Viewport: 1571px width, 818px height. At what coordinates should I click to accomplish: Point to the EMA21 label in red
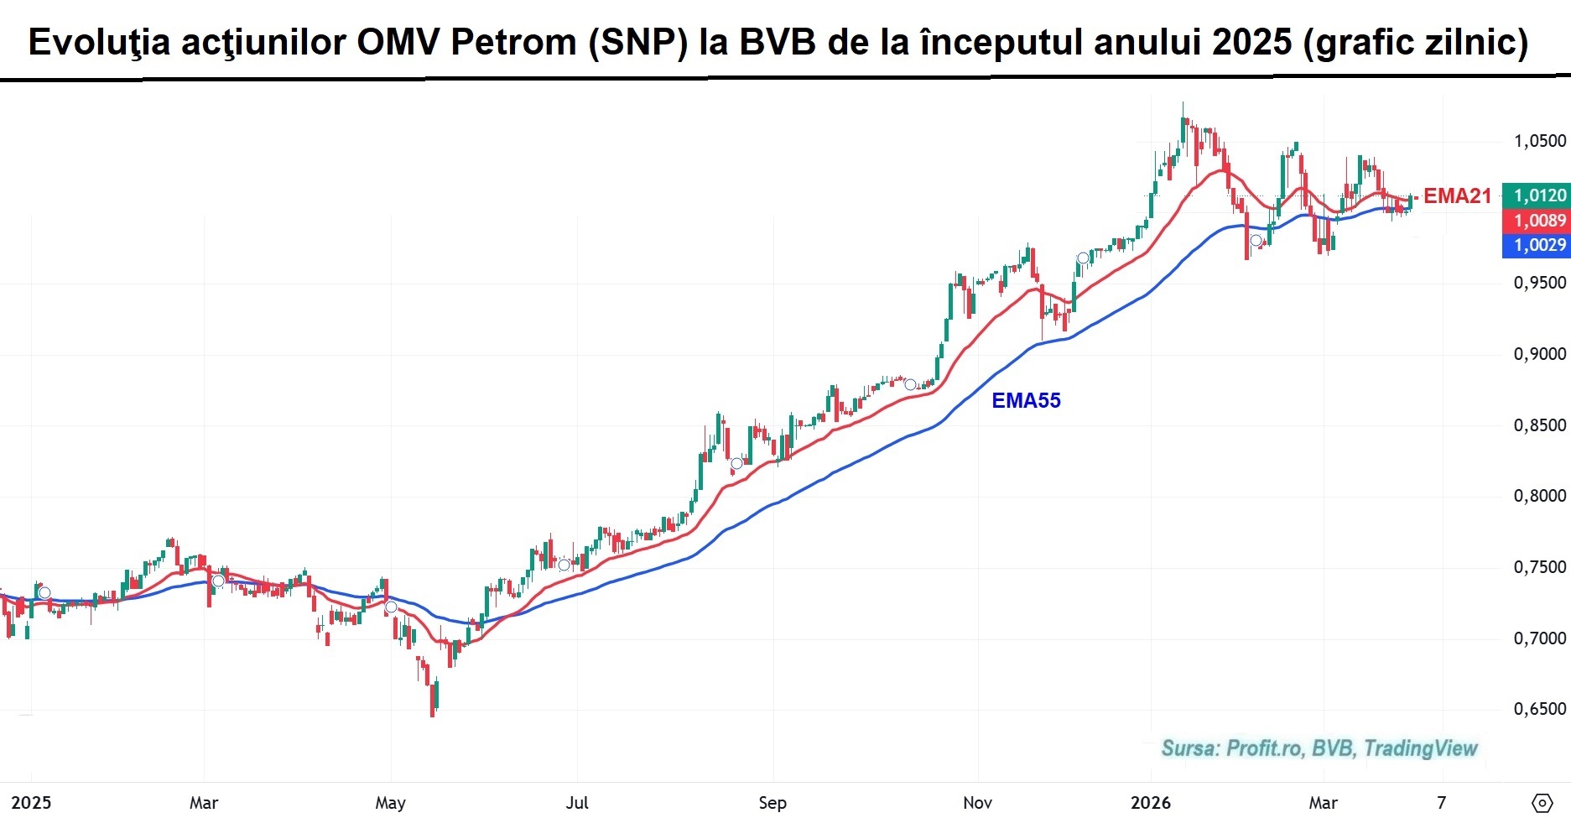[x=1457, y=196]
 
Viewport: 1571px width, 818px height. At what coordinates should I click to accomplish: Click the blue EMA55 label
[x=1026, y=401]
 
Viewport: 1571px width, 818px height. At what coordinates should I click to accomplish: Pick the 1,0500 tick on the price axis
[x=1539, y=141]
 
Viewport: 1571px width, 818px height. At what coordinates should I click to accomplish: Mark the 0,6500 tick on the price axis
[x=1539, y=709]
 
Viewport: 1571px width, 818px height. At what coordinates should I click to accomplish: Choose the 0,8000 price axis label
[x=1539, y=496]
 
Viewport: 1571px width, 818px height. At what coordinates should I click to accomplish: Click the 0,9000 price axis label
[x=1539, y=354]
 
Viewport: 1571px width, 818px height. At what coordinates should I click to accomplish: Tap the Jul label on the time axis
[x=577, y=803]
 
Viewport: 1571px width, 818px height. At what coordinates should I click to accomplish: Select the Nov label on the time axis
[x=977, y=803]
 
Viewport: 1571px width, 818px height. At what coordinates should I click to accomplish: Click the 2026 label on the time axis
[x=1150, y=803]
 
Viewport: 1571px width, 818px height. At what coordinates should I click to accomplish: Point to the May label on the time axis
[x=390, y=803]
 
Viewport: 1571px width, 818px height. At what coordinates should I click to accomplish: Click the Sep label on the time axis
[x=772, y=803]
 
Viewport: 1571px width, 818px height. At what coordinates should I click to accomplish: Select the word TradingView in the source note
[x=1420, y=748]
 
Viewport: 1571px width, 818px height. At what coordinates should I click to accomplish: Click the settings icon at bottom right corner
[x=1541, y=803]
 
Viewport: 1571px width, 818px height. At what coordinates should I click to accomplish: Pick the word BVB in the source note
[x=1333, y=748]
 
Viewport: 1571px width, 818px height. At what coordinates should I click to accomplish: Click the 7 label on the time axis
[x=1441, y=803]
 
